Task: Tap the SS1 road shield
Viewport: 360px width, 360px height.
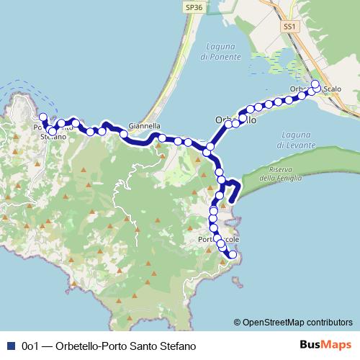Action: (x=289, y=25)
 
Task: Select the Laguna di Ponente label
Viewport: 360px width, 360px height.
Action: (x=215, y=51)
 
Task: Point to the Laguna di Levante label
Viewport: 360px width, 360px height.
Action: (x=296, y=140)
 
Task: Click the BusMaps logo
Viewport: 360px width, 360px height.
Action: (x=325, y=346)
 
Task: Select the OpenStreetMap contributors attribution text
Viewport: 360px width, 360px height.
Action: (x=293, y=322)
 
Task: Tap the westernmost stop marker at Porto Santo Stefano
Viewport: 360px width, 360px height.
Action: (x=42, y=117)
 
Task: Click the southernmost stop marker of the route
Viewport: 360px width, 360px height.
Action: (x=233, y=255)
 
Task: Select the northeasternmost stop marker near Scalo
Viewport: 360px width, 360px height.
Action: (x=315, y=84)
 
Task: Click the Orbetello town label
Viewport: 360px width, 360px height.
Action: (x=235, y=121)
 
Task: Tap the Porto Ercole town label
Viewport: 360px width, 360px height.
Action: (x=217, y=239)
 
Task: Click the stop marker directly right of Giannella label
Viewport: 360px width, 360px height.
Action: (x=163, y=138)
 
